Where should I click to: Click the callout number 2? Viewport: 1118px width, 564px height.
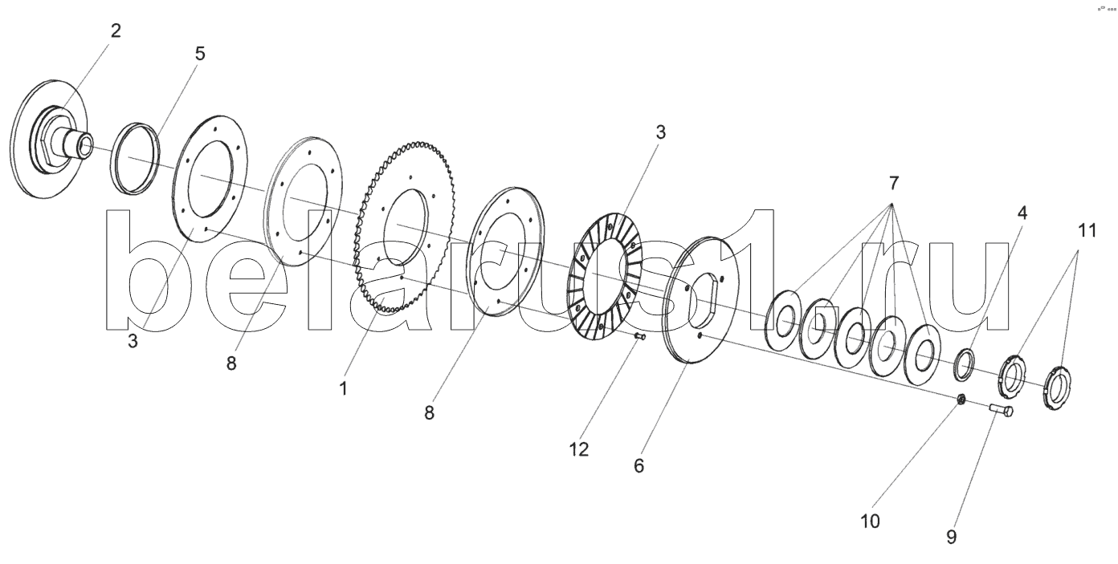tap(116, 31)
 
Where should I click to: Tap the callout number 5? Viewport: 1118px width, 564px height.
tap(200, 54)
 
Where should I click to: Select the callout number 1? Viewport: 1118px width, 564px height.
tap(344, 388)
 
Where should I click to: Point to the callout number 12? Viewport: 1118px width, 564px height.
tap(579, 450)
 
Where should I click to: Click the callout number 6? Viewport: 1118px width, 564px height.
tap(639, 466)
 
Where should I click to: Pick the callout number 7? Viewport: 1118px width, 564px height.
tap(893, 184)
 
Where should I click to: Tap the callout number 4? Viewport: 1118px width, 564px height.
tap(1022, 213)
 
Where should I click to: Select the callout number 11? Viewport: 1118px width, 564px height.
tap(1087, 231)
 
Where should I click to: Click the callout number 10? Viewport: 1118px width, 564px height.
tap(870, 521)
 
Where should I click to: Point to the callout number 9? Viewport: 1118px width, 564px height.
tap(951, 537)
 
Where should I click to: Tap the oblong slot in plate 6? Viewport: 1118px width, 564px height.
tap(704, 302)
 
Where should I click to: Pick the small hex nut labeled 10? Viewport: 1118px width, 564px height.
tap(960, 399)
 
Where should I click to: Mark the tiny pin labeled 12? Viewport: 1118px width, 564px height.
tap(640, 337)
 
